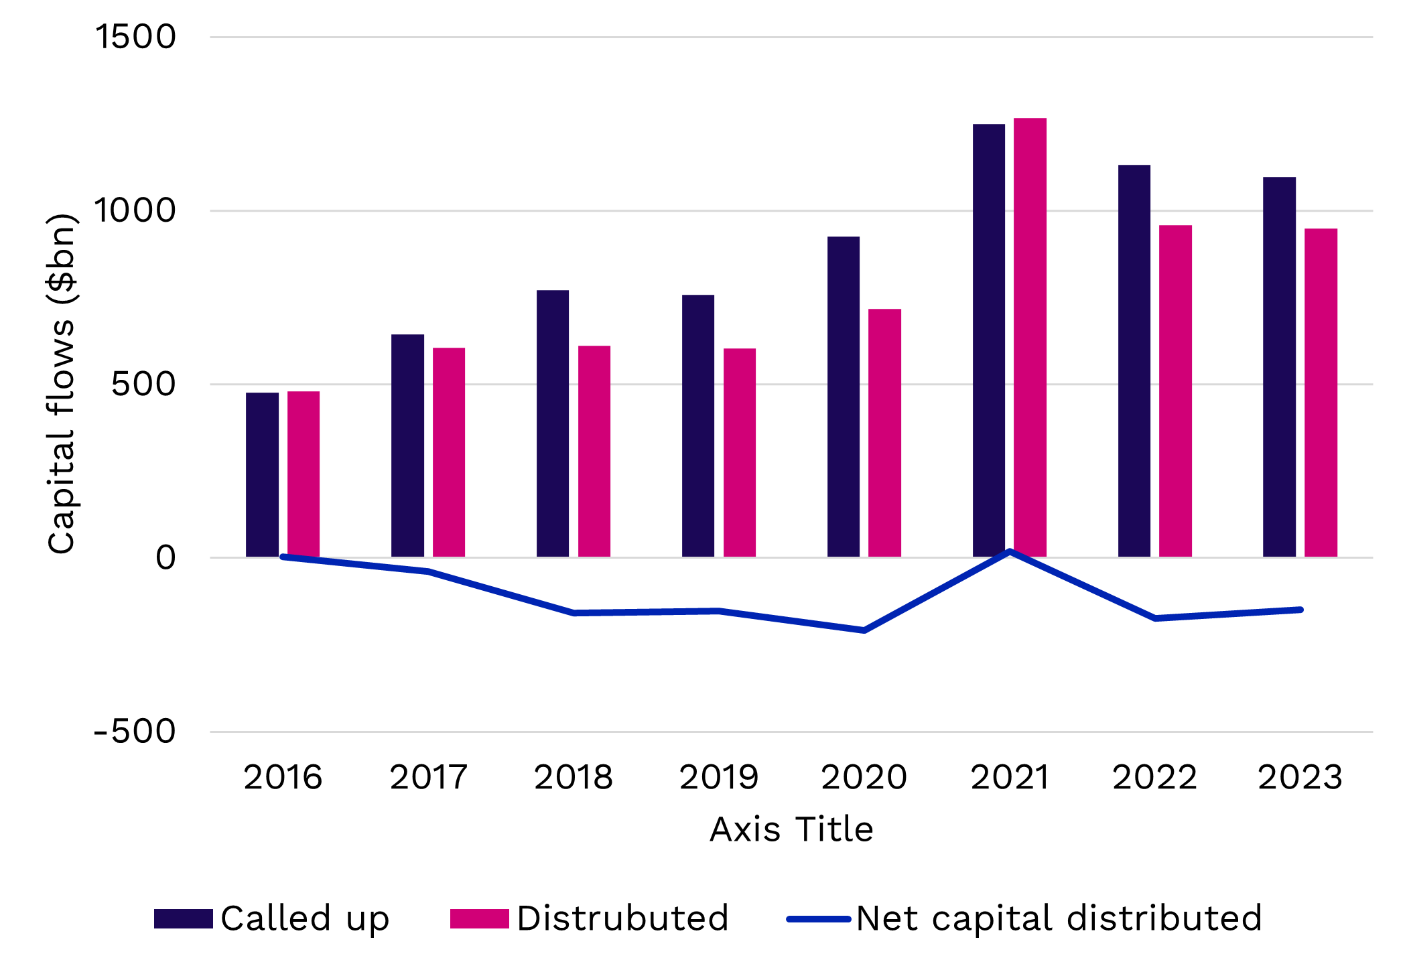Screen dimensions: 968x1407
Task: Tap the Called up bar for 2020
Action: pos(843,397)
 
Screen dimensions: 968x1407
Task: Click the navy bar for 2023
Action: pos(1279,366)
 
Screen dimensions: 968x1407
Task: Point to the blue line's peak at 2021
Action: pos(1010,552)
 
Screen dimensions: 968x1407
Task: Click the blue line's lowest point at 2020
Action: pos(864,630)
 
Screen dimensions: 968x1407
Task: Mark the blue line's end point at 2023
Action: pos(1300,610)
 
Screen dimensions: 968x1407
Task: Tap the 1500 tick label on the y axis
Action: pos(136,36)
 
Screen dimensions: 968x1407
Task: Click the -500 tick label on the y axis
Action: pos(135,731)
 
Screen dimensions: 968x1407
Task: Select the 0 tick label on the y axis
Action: pos(165,557)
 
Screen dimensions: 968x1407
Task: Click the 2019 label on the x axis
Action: pos(719,777)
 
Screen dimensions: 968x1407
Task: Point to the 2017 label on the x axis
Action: pos(428,777)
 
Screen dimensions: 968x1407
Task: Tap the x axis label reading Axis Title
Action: pos(791,829)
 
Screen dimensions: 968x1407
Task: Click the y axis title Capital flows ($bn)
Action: pos(62,384)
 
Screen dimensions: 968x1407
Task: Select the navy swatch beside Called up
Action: pos(183,918)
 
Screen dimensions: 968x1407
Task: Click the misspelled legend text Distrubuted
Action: pos(622,918)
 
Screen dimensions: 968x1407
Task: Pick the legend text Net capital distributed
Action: pos(1059,918)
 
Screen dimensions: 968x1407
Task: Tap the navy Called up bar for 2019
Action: pos(698,425)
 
